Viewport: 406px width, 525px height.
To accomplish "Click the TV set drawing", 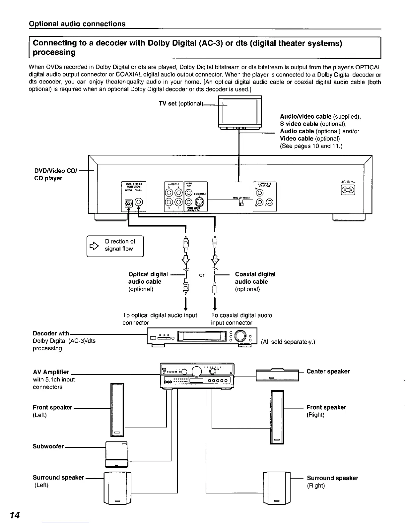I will click(240, 112).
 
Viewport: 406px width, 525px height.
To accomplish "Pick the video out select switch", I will click(241, 204).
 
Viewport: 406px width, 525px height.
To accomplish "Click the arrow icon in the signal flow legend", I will click(95, 246).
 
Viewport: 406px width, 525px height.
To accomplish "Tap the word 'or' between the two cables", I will click(202, 275).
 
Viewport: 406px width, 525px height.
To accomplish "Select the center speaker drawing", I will click(277, 375).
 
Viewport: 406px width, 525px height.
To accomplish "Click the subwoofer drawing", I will click(116, 454).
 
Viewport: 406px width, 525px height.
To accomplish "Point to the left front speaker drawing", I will click(117, 410).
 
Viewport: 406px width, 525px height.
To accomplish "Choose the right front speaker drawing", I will click(277, 417).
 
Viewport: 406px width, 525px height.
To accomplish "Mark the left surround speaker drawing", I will click(118, 488).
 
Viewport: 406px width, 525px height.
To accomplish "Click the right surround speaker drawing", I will click(277, 488).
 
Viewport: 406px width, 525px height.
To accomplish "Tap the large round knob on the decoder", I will click(240, 337).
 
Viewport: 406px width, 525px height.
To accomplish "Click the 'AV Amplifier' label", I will click(51, 372).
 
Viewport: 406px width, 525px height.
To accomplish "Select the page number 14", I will click(15, 515).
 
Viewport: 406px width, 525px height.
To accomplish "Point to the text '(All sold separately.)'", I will click(288, 342).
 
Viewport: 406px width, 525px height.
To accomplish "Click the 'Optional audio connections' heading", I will click(77, 24).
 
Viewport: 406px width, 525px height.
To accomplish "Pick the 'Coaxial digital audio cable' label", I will click(255, 278).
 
